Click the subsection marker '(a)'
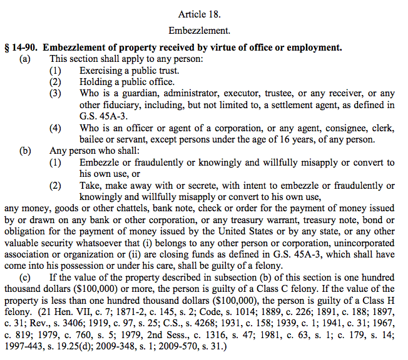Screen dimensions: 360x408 (x=25, y=59)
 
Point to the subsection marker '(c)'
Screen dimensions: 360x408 (x=25, y=277)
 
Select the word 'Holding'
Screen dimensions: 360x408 (x=96, y=82)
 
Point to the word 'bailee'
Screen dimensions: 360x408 (x=93, y=139)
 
